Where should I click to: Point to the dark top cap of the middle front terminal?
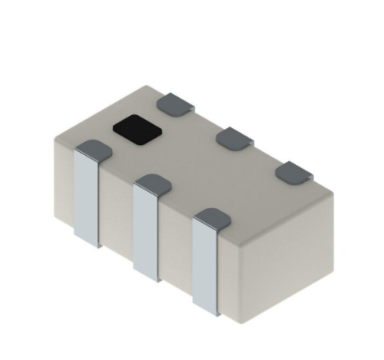point(150,182)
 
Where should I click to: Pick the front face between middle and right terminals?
point(175,253)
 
